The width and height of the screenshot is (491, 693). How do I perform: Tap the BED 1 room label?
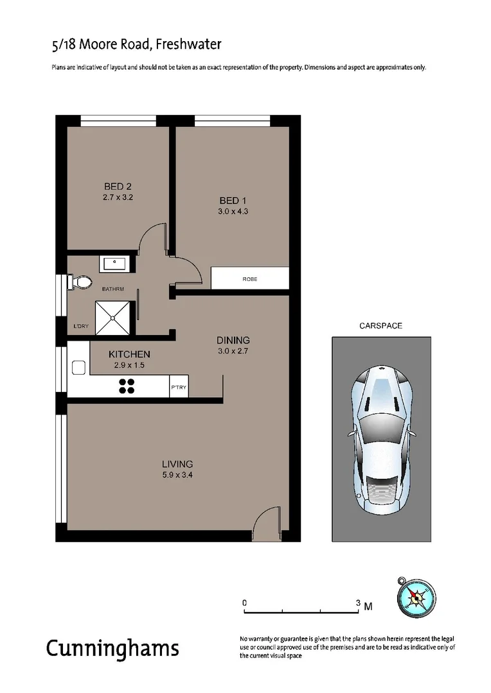pos(233,200)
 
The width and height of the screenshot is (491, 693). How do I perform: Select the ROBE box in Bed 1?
pos(250,279)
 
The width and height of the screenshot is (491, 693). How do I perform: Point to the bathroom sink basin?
pos(116,262)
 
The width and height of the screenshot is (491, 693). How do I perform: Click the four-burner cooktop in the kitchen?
pos(127,386)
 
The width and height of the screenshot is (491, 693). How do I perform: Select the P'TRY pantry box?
pos(178,388)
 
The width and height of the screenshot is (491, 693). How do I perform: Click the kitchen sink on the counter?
pos(79,368)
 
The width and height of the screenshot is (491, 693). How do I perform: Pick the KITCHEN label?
pos(129,354)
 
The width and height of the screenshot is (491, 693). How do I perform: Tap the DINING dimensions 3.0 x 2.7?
pos(233,350)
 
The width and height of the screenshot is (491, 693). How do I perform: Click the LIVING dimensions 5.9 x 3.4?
pos(177,475)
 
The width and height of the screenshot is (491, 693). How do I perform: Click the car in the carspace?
pos(381,439)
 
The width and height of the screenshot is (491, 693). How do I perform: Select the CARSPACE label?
pos(380,326)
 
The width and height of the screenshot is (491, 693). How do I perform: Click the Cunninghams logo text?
pos(112,648)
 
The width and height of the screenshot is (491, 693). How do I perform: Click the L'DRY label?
pos(81,327)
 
